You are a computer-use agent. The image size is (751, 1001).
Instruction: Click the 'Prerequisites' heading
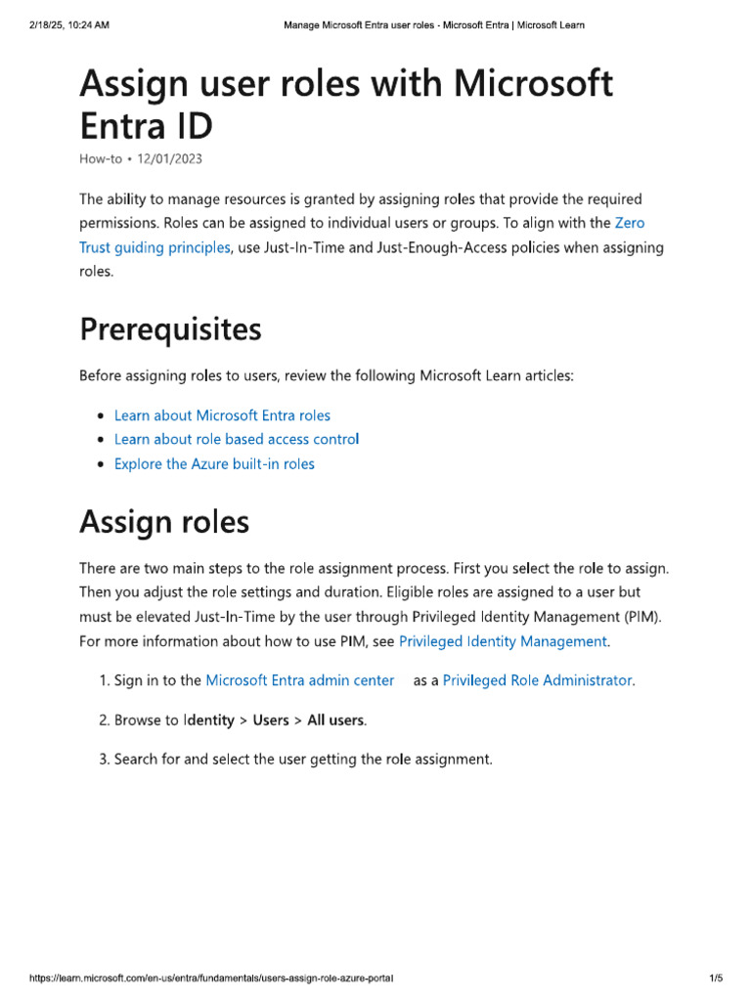pos(170,330)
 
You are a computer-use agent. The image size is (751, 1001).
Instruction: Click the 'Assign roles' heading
pos(164,522)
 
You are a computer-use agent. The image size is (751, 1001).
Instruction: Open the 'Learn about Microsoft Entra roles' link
pos(222,415)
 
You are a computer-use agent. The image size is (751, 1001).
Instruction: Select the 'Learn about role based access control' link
pos(237,439)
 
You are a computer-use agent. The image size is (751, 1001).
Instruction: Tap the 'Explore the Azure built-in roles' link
pos(214,463)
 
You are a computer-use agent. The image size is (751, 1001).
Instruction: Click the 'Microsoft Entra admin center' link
pos(300,679)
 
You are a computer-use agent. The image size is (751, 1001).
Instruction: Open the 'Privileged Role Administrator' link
pos(537,679)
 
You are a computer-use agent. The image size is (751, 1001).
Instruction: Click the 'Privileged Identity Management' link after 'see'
pos(503,641)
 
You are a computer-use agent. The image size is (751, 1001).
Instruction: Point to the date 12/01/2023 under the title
pos(170,158)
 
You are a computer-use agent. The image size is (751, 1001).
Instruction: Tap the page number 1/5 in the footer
pos(715,978)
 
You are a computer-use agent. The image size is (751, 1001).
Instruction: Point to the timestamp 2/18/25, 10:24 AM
pos(69,24)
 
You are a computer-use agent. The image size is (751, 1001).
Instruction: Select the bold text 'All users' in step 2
pos(335,720)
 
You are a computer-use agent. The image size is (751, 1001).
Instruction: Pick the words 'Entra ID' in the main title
pos(146,126)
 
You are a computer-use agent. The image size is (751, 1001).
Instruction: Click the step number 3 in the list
pos(103,759)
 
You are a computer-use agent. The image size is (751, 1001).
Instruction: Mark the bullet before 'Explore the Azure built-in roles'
pos(101,464)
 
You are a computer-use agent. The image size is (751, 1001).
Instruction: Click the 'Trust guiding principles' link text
pos(155,247)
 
